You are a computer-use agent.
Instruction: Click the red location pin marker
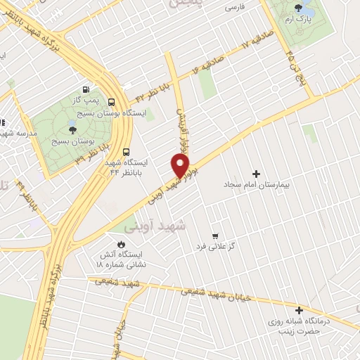pyautogui.click(x=180, y=165)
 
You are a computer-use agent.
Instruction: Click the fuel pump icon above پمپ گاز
pyautogui.click(x=86, y=90)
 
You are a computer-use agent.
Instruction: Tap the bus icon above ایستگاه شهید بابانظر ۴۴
pyautogui.click(x=126, y=150)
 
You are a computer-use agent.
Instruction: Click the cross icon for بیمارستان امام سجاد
pyautogui.click(x=256, y=174)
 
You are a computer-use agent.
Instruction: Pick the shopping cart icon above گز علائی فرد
pyautogui.click(x=214, y=236)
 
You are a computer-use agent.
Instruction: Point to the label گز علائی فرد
pyautogui.click(x=215, y=248)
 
